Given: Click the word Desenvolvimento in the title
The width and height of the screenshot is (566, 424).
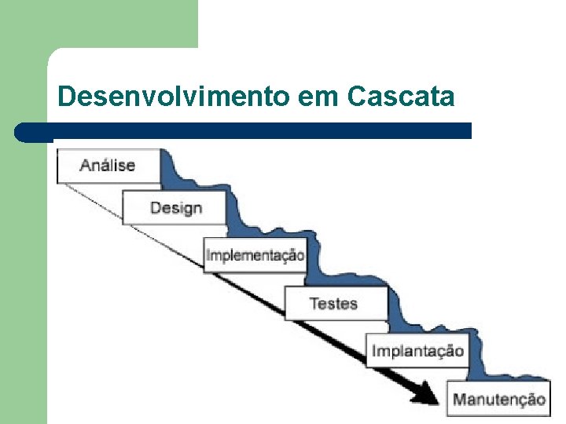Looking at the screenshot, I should pyautogui.click(x=175, y=97).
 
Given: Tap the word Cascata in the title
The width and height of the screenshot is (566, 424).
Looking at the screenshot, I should pyautogui.click(x=400, y=97).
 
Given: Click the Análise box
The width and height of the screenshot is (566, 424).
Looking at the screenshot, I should pyautogui.click(x=108, y=165).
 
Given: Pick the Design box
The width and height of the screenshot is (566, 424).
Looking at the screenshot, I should pyautogui.click(x=175, y=208).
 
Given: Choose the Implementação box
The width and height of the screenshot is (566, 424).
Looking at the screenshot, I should pyautogui.click(x=255, y=255).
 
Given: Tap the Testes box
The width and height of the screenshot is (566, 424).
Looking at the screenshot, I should pyautogui.click(x=334, y=303).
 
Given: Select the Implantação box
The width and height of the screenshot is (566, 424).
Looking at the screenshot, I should pyautogui.click(x=417, y=350).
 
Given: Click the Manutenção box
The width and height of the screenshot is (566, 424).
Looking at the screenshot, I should pyautogui.click(x=498, y=399).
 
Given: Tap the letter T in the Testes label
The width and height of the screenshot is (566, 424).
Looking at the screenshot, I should pyautogui.click(x=314, y=303).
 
